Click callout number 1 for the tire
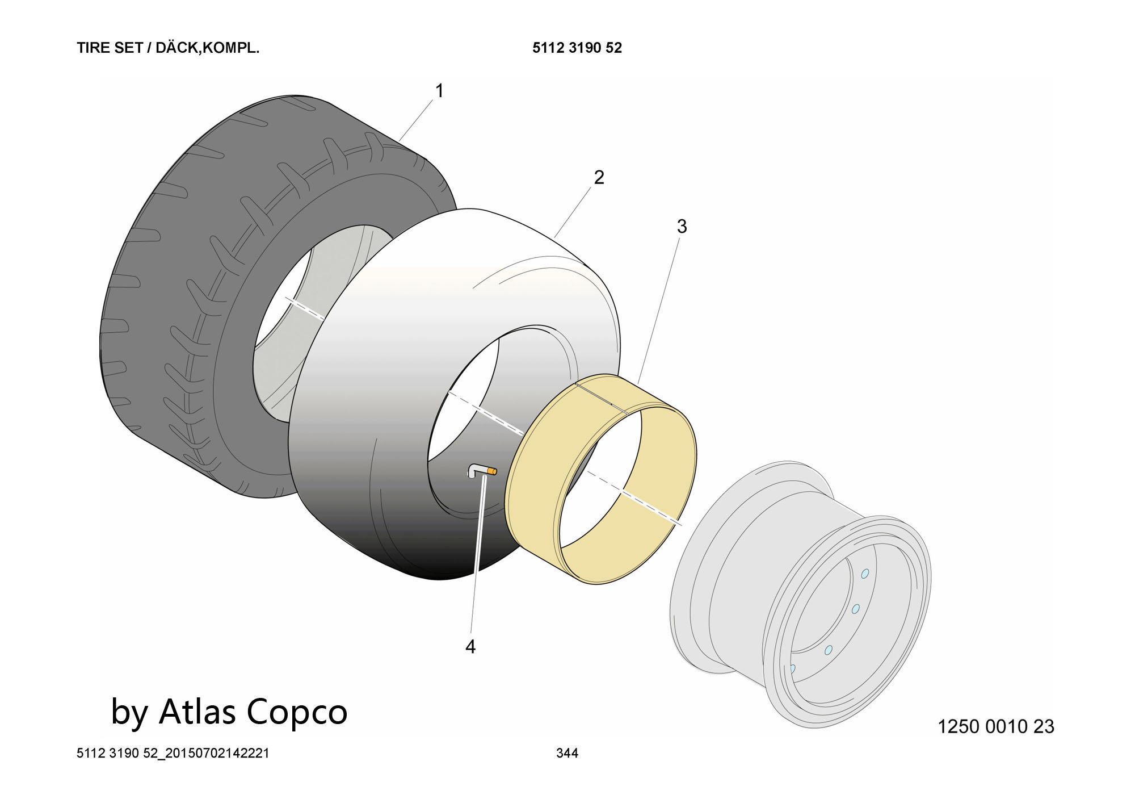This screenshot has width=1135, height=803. point(439,91)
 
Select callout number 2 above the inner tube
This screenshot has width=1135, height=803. point(599,178)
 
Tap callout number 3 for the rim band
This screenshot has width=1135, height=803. point(682,227)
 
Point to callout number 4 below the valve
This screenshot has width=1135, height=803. point(470,646)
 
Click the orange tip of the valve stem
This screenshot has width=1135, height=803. point(492,471)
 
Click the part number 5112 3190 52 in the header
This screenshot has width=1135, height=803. point(577,48)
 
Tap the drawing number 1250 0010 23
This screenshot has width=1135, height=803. point(995,726)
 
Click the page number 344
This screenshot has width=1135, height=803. point(567,753)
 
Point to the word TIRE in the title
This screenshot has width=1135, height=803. point(94,48)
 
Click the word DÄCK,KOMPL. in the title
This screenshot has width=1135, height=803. point(207,48)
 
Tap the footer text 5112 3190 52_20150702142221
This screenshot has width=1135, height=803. point(173,753)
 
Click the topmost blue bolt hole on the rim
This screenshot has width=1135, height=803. point(865,574)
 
